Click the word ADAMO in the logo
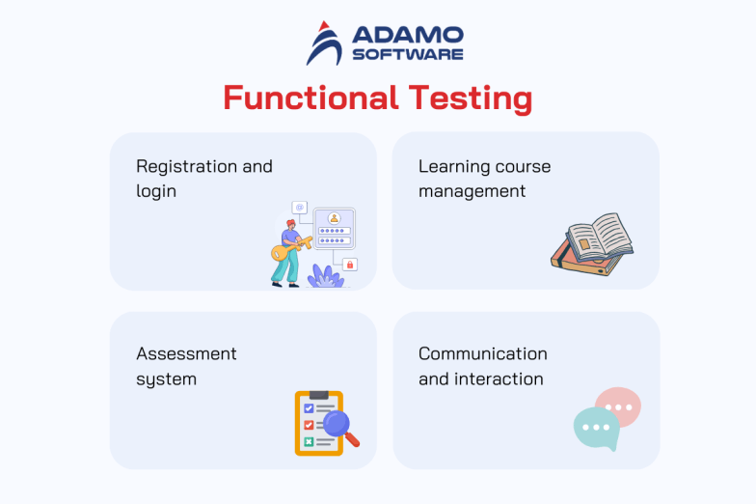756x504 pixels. click(x=407, y=35)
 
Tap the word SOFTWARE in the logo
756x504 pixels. click(x=407, y=55)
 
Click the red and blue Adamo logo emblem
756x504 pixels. click(x=324, y=43)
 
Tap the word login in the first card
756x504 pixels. click(x=156, y=191)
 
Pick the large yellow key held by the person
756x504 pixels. click(x=288, y=250)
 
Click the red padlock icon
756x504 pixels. click(x=349, y=264)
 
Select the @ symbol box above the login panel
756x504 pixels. click(x=300, y=207)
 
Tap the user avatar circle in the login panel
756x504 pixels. click(x=334, y=218)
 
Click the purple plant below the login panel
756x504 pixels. click(x=325, y=275)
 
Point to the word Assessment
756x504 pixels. click(x=186, y=353)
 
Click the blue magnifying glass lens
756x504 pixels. click(x=337, y=423)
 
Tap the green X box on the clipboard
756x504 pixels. click(x=309, y=441)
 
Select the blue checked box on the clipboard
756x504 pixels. click(x=309, y=408)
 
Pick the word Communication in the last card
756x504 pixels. click(x=482, y=353)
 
